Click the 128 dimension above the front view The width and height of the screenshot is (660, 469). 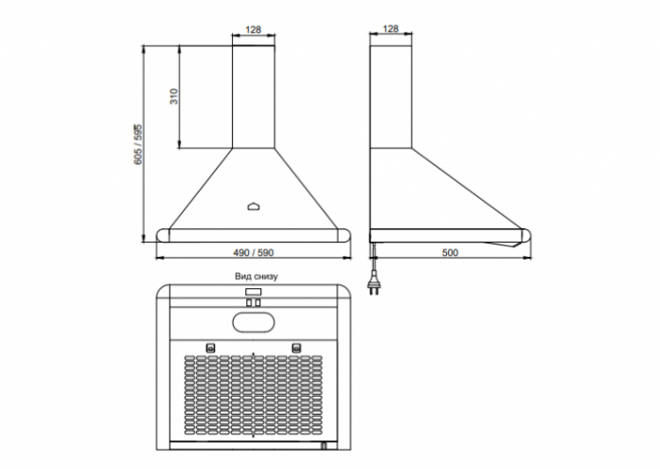(254, 29)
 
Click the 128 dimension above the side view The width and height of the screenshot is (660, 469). (391, 28)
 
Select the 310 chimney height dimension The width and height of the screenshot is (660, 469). (174, 97)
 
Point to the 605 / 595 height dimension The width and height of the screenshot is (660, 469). (139, 144)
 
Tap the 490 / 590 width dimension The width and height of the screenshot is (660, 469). (254, 253)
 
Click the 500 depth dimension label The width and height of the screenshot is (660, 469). (450, 253)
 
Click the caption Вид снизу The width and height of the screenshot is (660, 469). (257, 277)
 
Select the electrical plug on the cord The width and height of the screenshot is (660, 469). (372, 285)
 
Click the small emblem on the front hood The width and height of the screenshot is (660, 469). (254, 206)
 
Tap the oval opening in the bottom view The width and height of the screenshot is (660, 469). (254, 323)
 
